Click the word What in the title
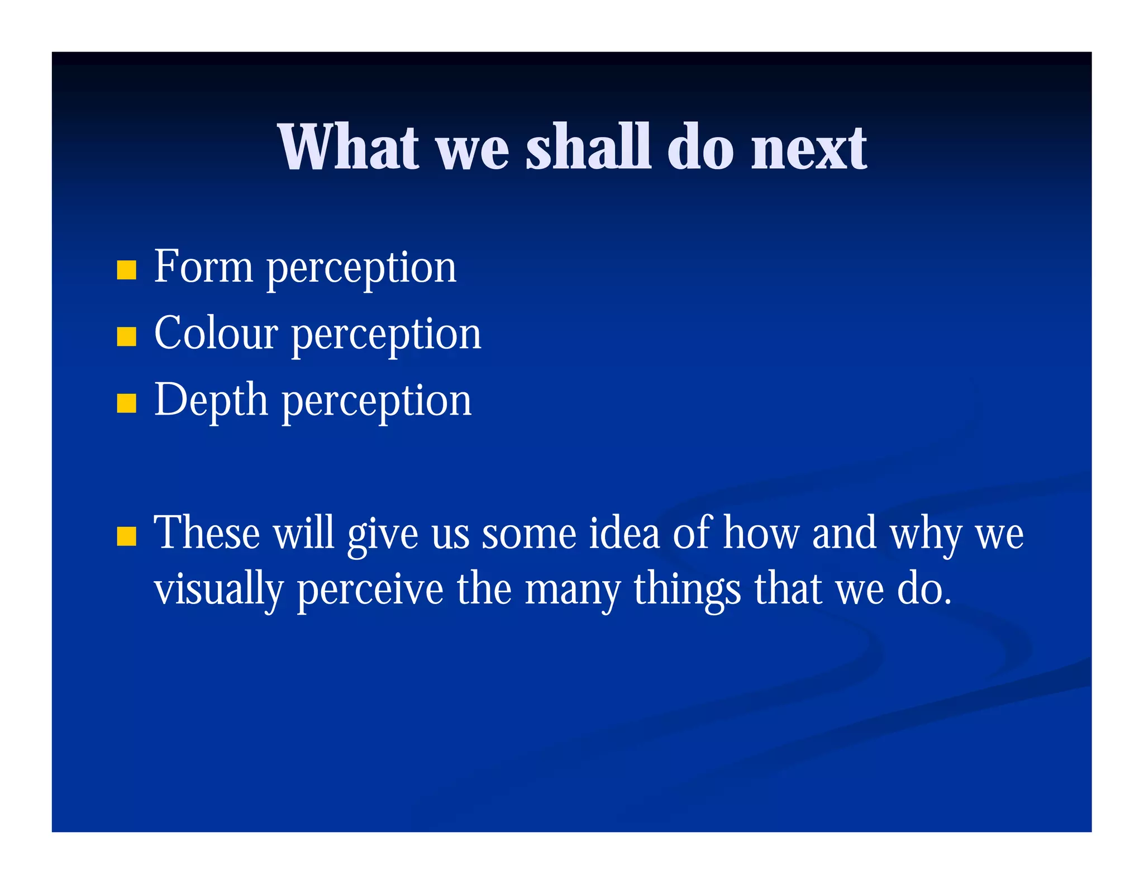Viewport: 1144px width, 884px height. [x=347, y=148]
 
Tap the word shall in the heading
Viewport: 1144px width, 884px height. [x=588, y=148]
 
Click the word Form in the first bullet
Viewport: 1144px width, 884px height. [x=203, y=267]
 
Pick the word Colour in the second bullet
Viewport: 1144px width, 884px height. [x=216, y=334]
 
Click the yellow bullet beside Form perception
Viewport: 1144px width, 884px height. [x=127, y=270]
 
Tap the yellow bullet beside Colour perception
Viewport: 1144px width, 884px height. [x=127, y=336]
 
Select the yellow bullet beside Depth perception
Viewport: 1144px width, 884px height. [x=127, y=403]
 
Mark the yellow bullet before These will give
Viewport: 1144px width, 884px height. [x=127, y=535]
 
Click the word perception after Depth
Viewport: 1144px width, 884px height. [x=376, y=402]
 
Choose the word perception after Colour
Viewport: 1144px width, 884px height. [x=386, y=336]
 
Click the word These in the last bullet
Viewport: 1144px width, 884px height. [x=207, y=533]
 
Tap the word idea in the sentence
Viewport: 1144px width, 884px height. [x=624, y=533]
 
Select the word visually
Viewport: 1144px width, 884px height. [x=218, y=590]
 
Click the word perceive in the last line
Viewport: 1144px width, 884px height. [x=370, y=590]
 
